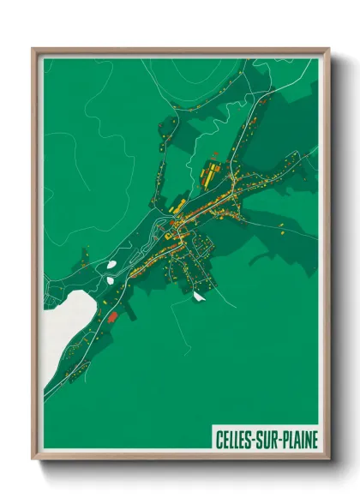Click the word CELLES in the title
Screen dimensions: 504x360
point(233,441)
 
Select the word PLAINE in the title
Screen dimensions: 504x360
point(300,441)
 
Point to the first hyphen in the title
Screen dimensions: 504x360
point(255,441)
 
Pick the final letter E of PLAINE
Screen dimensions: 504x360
point(315,441)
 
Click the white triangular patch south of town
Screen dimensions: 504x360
point(199,297)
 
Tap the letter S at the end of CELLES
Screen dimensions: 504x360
point(249,441)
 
